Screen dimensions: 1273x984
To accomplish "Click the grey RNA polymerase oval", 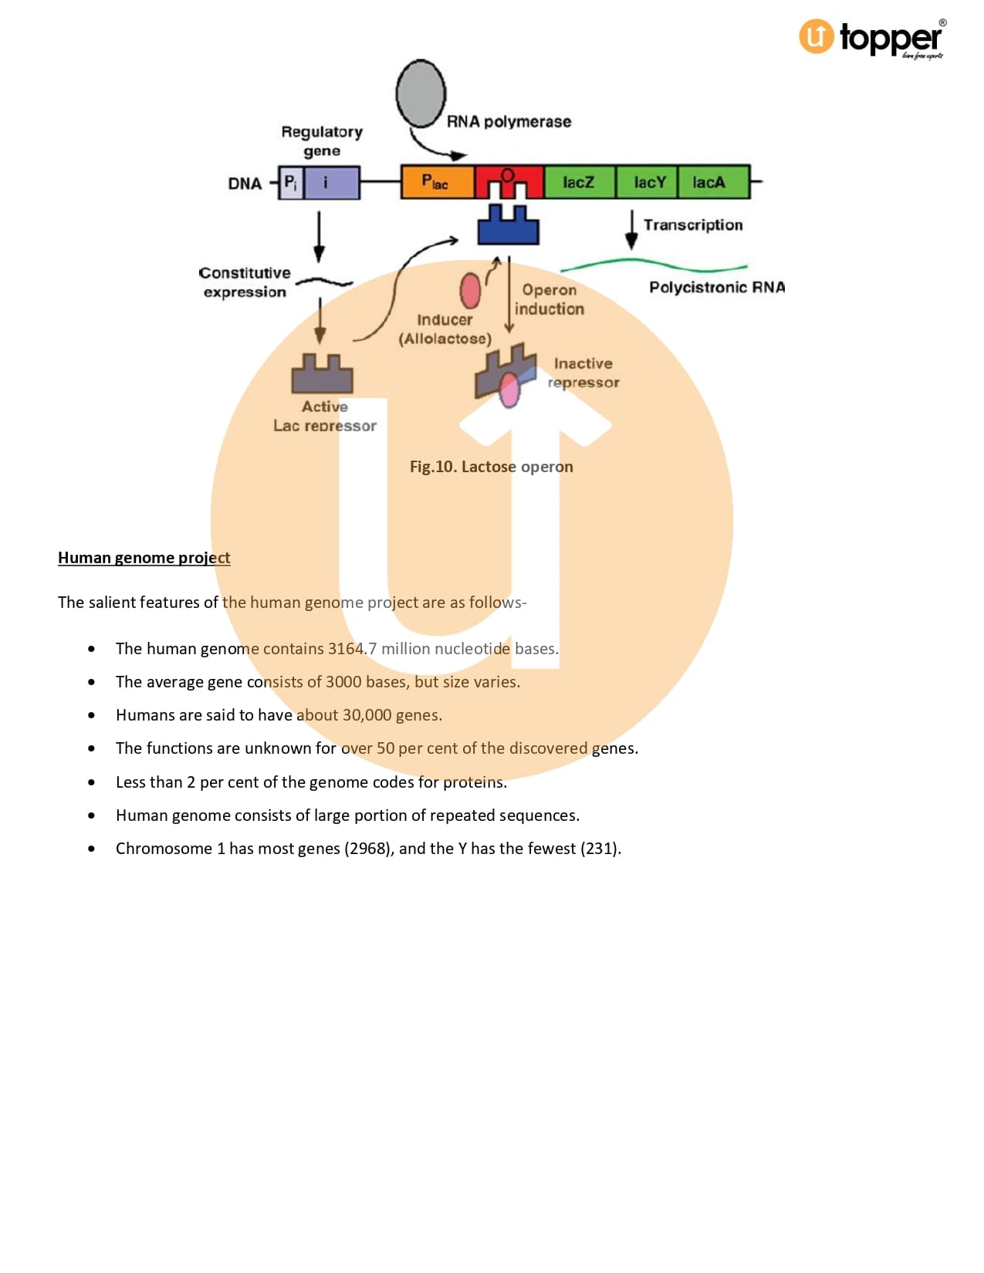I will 421,93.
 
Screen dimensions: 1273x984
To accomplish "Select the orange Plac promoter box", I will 437,182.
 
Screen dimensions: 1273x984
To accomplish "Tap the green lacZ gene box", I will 579,182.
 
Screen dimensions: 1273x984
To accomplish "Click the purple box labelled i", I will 332,183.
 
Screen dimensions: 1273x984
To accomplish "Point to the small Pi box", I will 291,183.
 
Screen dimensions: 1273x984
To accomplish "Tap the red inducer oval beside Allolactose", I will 470,291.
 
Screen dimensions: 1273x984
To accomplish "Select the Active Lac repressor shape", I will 322,375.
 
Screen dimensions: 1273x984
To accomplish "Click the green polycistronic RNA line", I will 652,265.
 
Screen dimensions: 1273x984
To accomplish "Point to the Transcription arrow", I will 631,229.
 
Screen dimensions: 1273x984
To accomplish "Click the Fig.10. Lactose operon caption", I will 491,467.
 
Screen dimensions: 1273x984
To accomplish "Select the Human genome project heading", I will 144,558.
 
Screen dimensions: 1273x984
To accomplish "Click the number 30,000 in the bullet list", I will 367,715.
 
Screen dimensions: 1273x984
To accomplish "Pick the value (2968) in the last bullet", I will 369,849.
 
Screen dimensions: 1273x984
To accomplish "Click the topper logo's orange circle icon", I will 816,36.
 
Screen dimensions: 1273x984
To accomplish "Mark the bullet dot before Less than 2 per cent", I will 92,782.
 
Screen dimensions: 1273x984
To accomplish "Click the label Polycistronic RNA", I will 716,288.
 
